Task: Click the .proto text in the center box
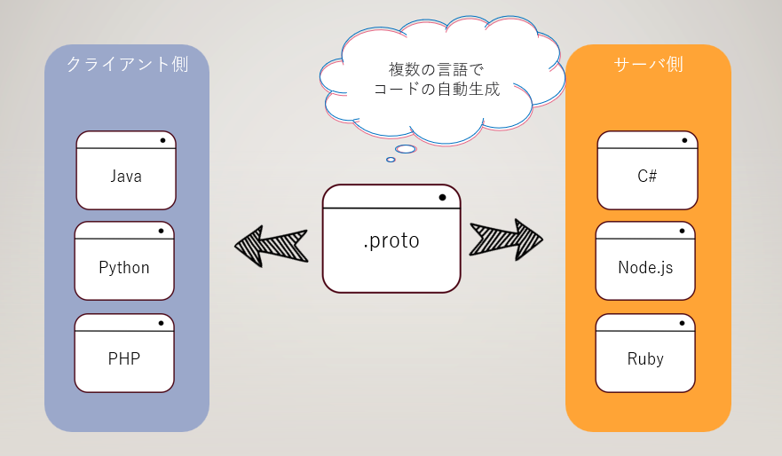391,240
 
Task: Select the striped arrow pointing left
271,246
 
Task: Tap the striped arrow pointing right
507,240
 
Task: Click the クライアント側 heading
127,65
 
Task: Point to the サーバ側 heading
648,65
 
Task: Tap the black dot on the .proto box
441,197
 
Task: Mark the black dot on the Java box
162,140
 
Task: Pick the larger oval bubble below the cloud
406,149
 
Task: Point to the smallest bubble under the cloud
391,160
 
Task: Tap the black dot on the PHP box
161,323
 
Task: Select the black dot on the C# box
683,140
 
